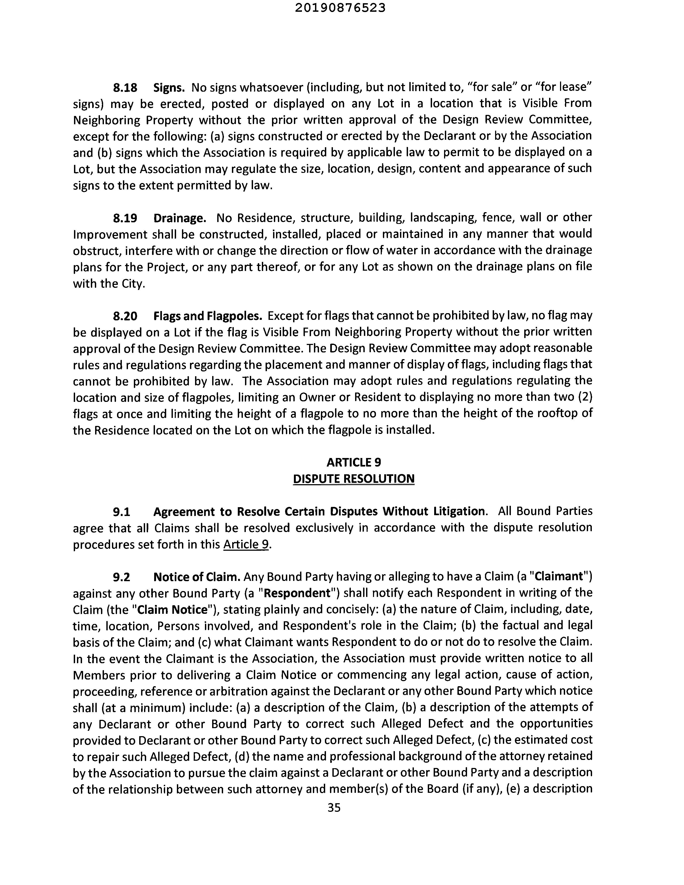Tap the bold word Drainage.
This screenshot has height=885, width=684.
click(x=180, y=218)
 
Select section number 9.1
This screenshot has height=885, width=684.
click(x=122, y=512)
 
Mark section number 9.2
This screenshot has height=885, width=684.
click(x=122, y=577)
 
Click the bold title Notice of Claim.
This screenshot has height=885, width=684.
click(x=197, y=577)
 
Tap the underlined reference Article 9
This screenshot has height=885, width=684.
click(x=246, y=544)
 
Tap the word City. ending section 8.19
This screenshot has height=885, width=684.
click(x=133, y=284)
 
